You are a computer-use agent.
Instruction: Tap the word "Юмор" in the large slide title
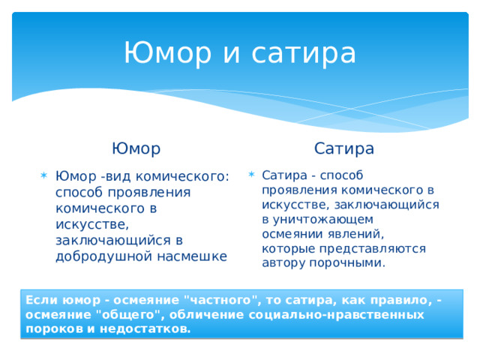166,53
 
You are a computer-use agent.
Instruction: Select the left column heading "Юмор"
136,148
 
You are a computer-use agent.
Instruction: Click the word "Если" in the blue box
38,301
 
